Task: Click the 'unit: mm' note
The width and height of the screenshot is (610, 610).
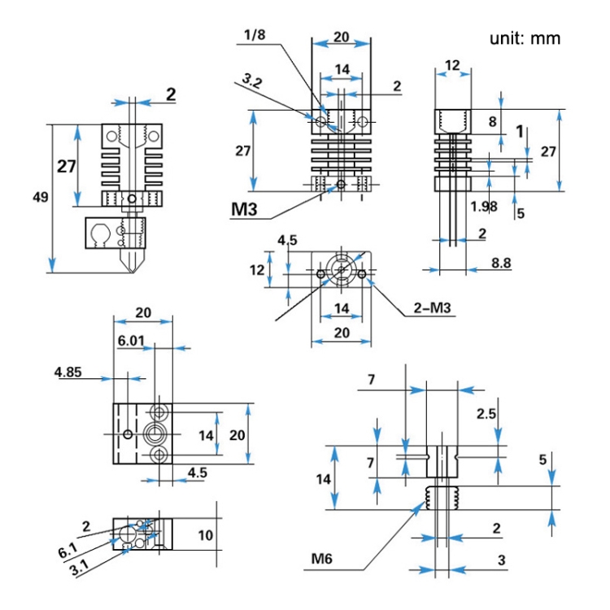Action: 525,38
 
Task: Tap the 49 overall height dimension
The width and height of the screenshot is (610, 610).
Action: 40,196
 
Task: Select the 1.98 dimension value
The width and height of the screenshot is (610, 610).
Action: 483,207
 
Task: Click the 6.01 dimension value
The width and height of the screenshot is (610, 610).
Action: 131,342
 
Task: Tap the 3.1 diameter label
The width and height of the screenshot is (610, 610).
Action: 80,569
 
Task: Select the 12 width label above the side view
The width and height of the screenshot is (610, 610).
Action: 453,64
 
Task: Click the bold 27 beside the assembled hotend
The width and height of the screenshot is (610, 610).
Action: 66,166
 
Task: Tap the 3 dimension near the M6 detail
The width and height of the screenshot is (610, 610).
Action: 502,560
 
